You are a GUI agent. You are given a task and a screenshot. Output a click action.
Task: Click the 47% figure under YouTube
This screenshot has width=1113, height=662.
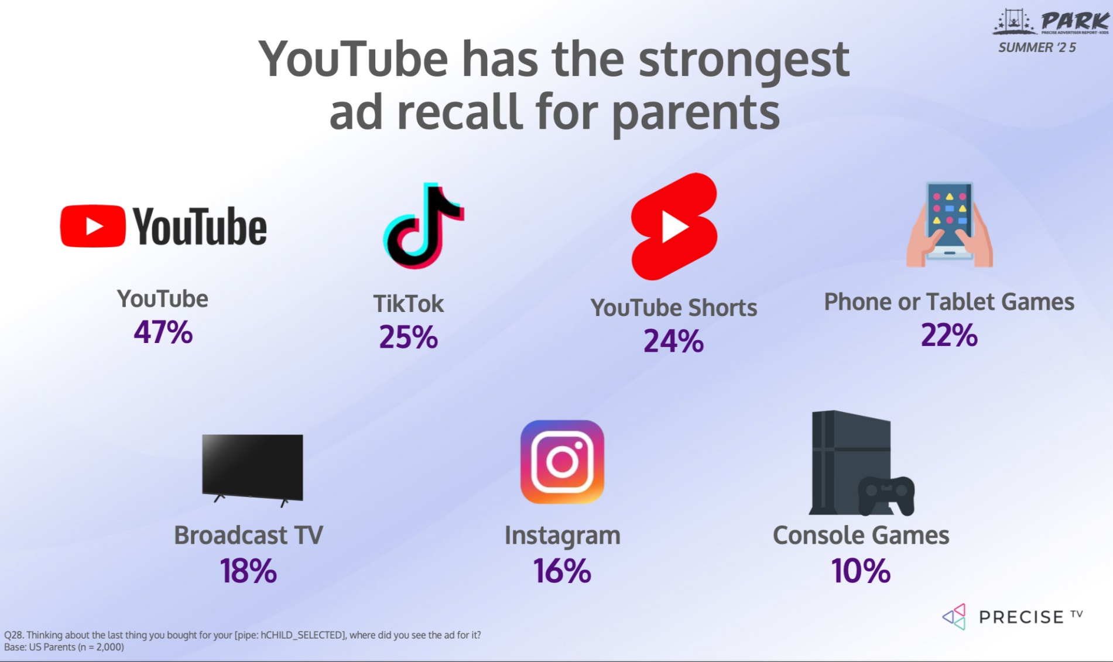pos(163,332)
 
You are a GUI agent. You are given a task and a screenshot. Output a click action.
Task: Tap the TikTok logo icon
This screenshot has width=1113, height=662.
pos(423,226)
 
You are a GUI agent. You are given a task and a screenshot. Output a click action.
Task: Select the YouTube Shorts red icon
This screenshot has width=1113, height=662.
pos(674,227)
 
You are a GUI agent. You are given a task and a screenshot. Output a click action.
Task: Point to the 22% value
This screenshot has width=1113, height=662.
pos(949,335)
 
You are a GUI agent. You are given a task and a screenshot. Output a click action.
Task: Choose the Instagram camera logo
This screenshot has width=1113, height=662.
pos(562,462)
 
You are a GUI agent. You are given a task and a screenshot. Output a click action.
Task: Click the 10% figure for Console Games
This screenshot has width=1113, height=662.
pos(861,571)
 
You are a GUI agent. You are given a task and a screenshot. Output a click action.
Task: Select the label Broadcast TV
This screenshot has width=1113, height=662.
pos(248,535)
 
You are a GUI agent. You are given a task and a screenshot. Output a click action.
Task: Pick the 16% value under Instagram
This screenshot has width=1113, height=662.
pos(562,571)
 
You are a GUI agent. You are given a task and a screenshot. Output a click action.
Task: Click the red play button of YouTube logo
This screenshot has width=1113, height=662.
pos(93,226)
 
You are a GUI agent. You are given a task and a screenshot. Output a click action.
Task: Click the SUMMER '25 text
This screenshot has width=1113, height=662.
pos(1037,47)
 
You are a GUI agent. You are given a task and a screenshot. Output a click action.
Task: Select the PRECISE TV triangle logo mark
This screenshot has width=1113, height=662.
pos(954,617)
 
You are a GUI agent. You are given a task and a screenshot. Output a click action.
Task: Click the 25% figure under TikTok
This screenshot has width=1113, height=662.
pos(408,337)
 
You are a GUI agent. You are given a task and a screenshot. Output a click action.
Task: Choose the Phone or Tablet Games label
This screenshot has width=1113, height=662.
pos(949,302)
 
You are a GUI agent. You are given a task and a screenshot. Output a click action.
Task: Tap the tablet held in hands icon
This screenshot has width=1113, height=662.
pos(949,225)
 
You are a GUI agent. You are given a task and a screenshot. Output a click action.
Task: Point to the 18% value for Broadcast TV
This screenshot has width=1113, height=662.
pos(248,571)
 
